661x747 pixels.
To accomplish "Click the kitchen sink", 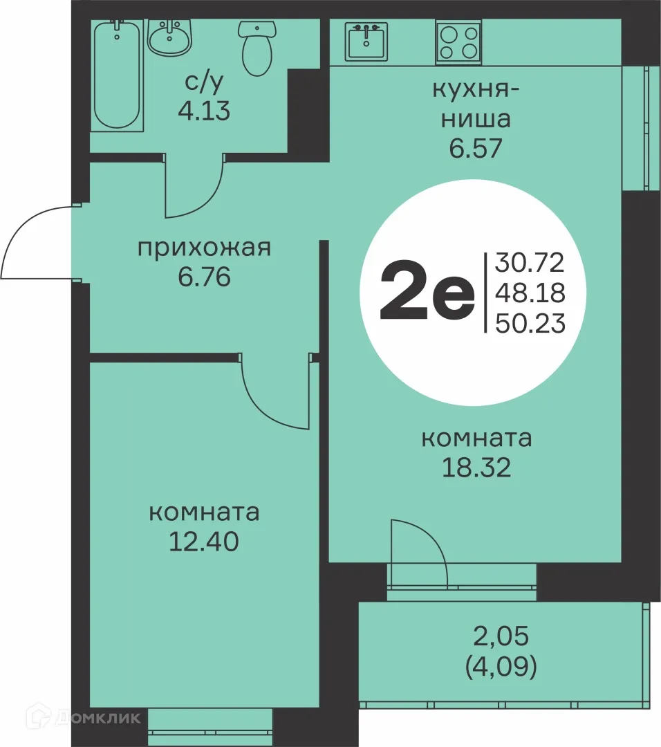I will pos(367,41).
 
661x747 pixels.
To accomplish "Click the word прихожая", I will pos(203,247).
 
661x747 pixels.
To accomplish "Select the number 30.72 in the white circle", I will pos(530,262).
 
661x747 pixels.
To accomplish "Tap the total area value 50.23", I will pos(530,323).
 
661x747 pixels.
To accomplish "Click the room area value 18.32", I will pos(476,468).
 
